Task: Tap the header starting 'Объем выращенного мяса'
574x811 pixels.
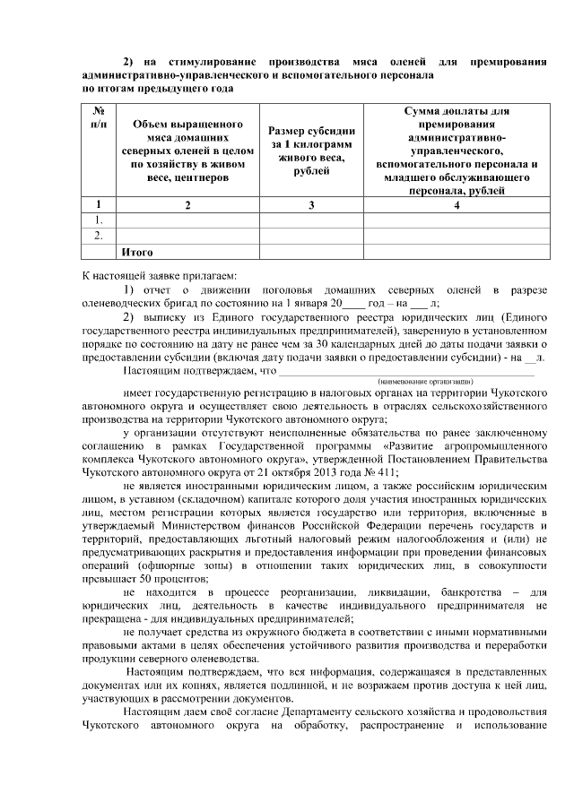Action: coord(188,151)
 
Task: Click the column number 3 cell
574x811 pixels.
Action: coord(311,205)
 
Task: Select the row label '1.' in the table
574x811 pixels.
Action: coord(100,220)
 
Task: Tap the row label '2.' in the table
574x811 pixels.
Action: coord(100,236)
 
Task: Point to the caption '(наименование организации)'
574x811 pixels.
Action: coord(420,382)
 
